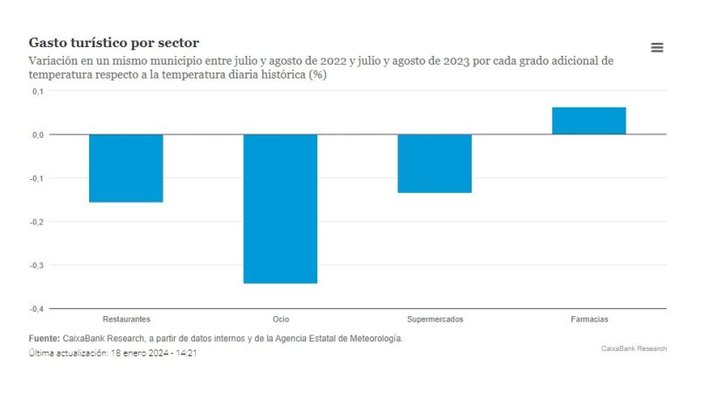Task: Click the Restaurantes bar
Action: coord(126,168)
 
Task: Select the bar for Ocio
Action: coord(280,209)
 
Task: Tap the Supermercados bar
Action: coord(434,163)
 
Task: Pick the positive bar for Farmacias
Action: coord(588,121)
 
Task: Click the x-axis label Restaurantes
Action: coord(126,320)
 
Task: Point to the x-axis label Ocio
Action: coord(280,320)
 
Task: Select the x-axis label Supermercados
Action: coord(434,320)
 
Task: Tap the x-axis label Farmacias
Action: coord(588,320)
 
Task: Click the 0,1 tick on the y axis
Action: coord(38,92)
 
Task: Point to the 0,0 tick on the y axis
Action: coord(38,134)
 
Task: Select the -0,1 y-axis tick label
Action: coord(37,178)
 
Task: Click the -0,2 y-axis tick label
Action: coord(37,222)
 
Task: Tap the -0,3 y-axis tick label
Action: coord(37,265)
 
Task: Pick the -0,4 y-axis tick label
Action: coord(37,308)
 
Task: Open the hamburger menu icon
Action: coord(657,47)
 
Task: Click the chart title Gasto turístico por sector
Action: coord(114,43)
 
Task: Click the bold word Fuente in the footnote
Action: coord(44,337)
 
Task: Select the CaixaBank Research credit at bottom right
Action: coord(634,348)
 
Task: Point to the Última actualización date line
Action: coord(112,354)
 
